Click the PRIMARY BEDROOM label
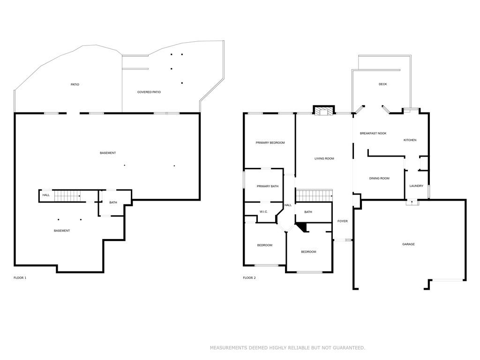[x=270, y=142]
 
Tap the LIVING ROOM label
[x=324, y=158]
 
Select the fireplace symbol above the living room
[x=323, y=111]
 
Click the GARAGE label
[x=408, y=244]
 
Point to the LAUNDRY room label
[x=416, y=186]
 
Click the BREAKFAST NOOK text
[x=373, y=134]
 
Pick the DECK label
[x=382, y=84]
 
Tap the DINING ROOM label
[x=379, y=178]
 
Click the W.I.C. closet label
[x=263, y=212]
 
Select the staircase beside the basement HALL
[x=67, y=196]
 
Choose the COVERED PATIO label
[x=149, y=92]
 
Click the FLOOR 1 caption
[x=20, y=278]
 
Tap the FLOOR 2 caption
[x=249, y=278]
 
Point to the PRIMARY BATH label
[x=268, y=186]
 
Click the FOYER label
[x=343, y=221]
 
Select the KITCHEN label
[x=410, y=140]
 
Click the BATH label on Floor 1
[x=113, y=202]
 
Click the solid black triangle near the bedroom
[x=303, y=227]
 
